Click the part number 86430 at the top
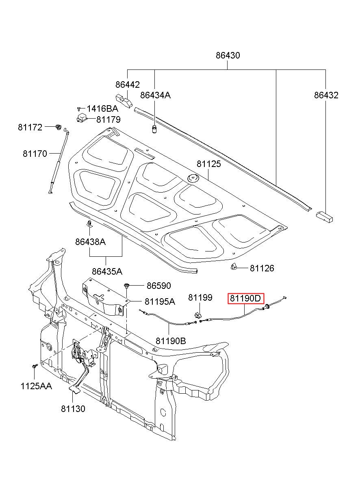click(228, 55)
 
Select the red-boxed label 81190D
click(246, 299)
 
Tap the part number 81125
click(209, 164)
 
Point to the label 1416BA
click(102, 109)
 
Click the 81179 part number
click(108, 119)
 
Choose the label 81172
click(30, 128)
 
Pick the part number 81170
click(35, 154)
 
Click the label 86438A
click(91, 242)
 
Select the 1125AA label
click(36, 386)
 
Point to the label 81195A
click(160, 302)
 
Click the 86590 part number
click(159, 286)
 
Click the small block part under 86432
click(324, 217)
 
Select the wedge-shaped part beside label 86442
click(124, 101)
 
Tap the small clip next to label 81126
click(234, 267)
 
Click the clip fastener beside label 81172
click(59, 127)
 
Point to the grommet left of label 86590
click(127, 286)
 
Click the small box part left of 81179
click(82, 118)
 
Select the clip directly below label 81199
click(198, 316)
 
